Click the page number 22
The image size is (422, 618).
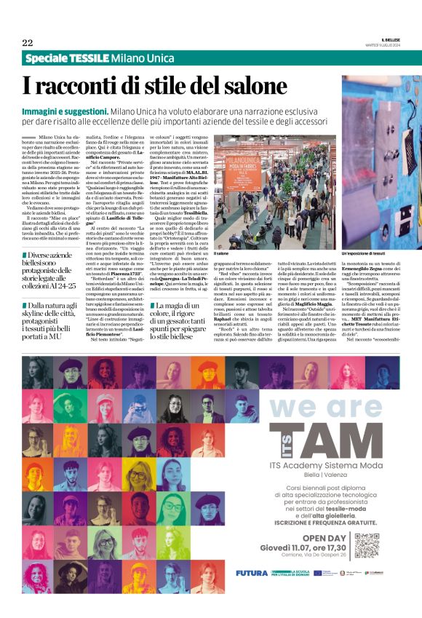click(x=27, y=42)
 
